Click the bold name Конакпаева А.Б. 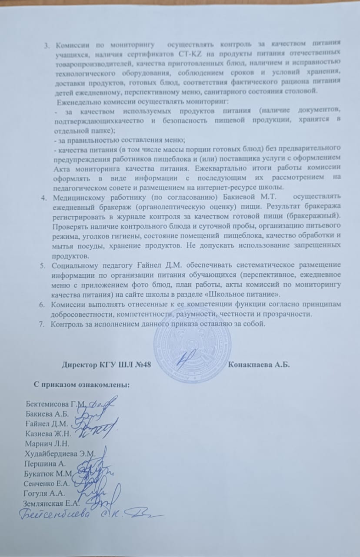[x=259, y=365]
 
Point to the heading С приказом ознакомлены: [x=82, y=385]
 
